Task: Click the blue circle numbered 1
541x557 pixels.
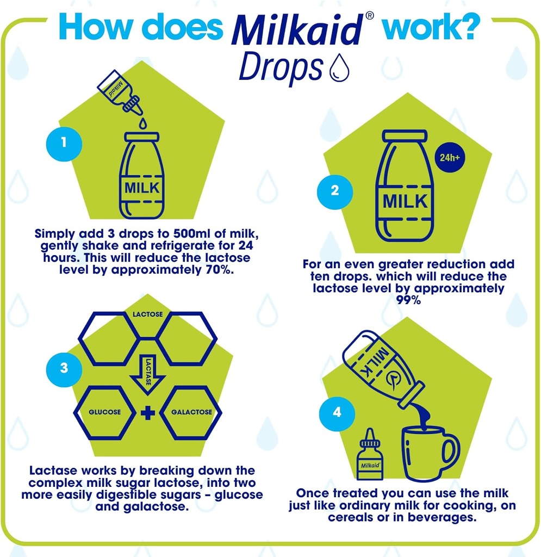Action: click(x=64, y=144)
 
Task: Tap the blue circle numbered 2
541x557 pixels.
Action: click(x=334, y=190)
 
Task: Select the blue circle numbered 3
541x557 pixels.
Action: click(x=64, y=368)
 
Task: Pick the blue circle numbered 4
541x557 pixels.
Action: click(x=337, y=412)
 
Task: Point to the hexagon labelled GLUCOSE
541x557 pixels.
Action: click(x=105, y=412)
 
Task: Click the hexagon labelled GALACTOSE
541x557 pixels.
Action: click(x=191, y=412)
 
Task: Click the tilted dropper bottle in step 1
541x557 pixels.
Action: click(x=119, y=91)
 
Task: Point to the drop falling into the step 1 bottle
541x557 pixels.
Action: click(x=142, y=123)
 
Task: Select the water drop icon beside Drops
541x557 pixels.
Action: click(x=338, y=68)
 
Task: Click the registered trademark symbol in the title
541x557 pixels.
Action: click(x=370, y=16)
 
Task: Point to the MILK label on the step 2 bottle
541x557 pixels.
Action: click(x=405, y=201)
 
